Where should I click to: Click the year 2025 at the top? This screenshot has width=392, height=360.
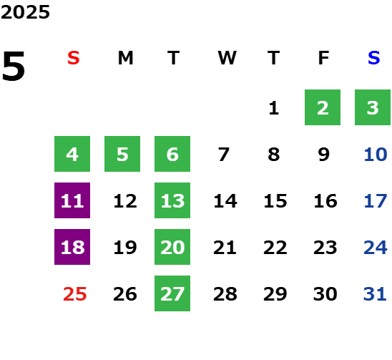(25, 12)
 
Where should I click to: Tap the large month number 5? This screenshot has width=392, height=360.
(14, 66)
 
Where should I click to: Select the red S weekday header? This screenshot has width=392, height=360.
(74, 58)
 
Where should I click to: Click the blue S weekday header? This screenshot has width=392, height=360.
(374, 58)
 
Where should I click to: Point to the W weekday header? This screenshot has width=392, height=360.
(227, 58)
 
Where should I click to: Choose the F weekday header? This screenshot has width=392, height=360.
(324, 58)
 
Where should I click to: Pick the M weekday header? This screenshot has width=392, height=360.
(125, 58)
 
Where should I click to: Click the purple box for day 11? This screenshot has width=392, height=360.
(72, 200)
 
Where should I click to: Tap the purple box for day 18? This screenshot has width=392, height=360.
(72, 247)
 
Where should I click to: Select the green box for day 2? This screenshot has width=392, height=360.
(323, 107)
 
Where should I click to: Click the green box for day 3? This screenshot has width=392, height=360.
(373, 107)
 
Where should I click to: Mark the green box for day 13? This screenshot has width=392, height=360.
(172, 200)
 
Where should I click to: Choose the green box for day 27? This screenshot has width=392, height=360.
(172, 293)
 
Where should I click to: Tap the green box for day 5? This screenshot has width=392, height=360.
(122, 154)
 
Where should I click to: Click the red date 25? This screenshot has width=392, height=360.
(74, 294)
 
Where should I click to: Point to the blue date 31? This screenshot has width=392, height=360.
(375, 294)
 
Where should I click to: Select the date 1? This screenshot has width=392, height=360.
(274, 108)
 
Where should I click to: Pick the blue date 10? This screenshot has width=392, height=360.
(376, 155)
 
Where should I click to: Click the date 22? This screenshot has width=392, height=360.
(275, 248)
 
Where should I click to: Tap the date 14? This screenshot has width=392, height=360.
(225, 201)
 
